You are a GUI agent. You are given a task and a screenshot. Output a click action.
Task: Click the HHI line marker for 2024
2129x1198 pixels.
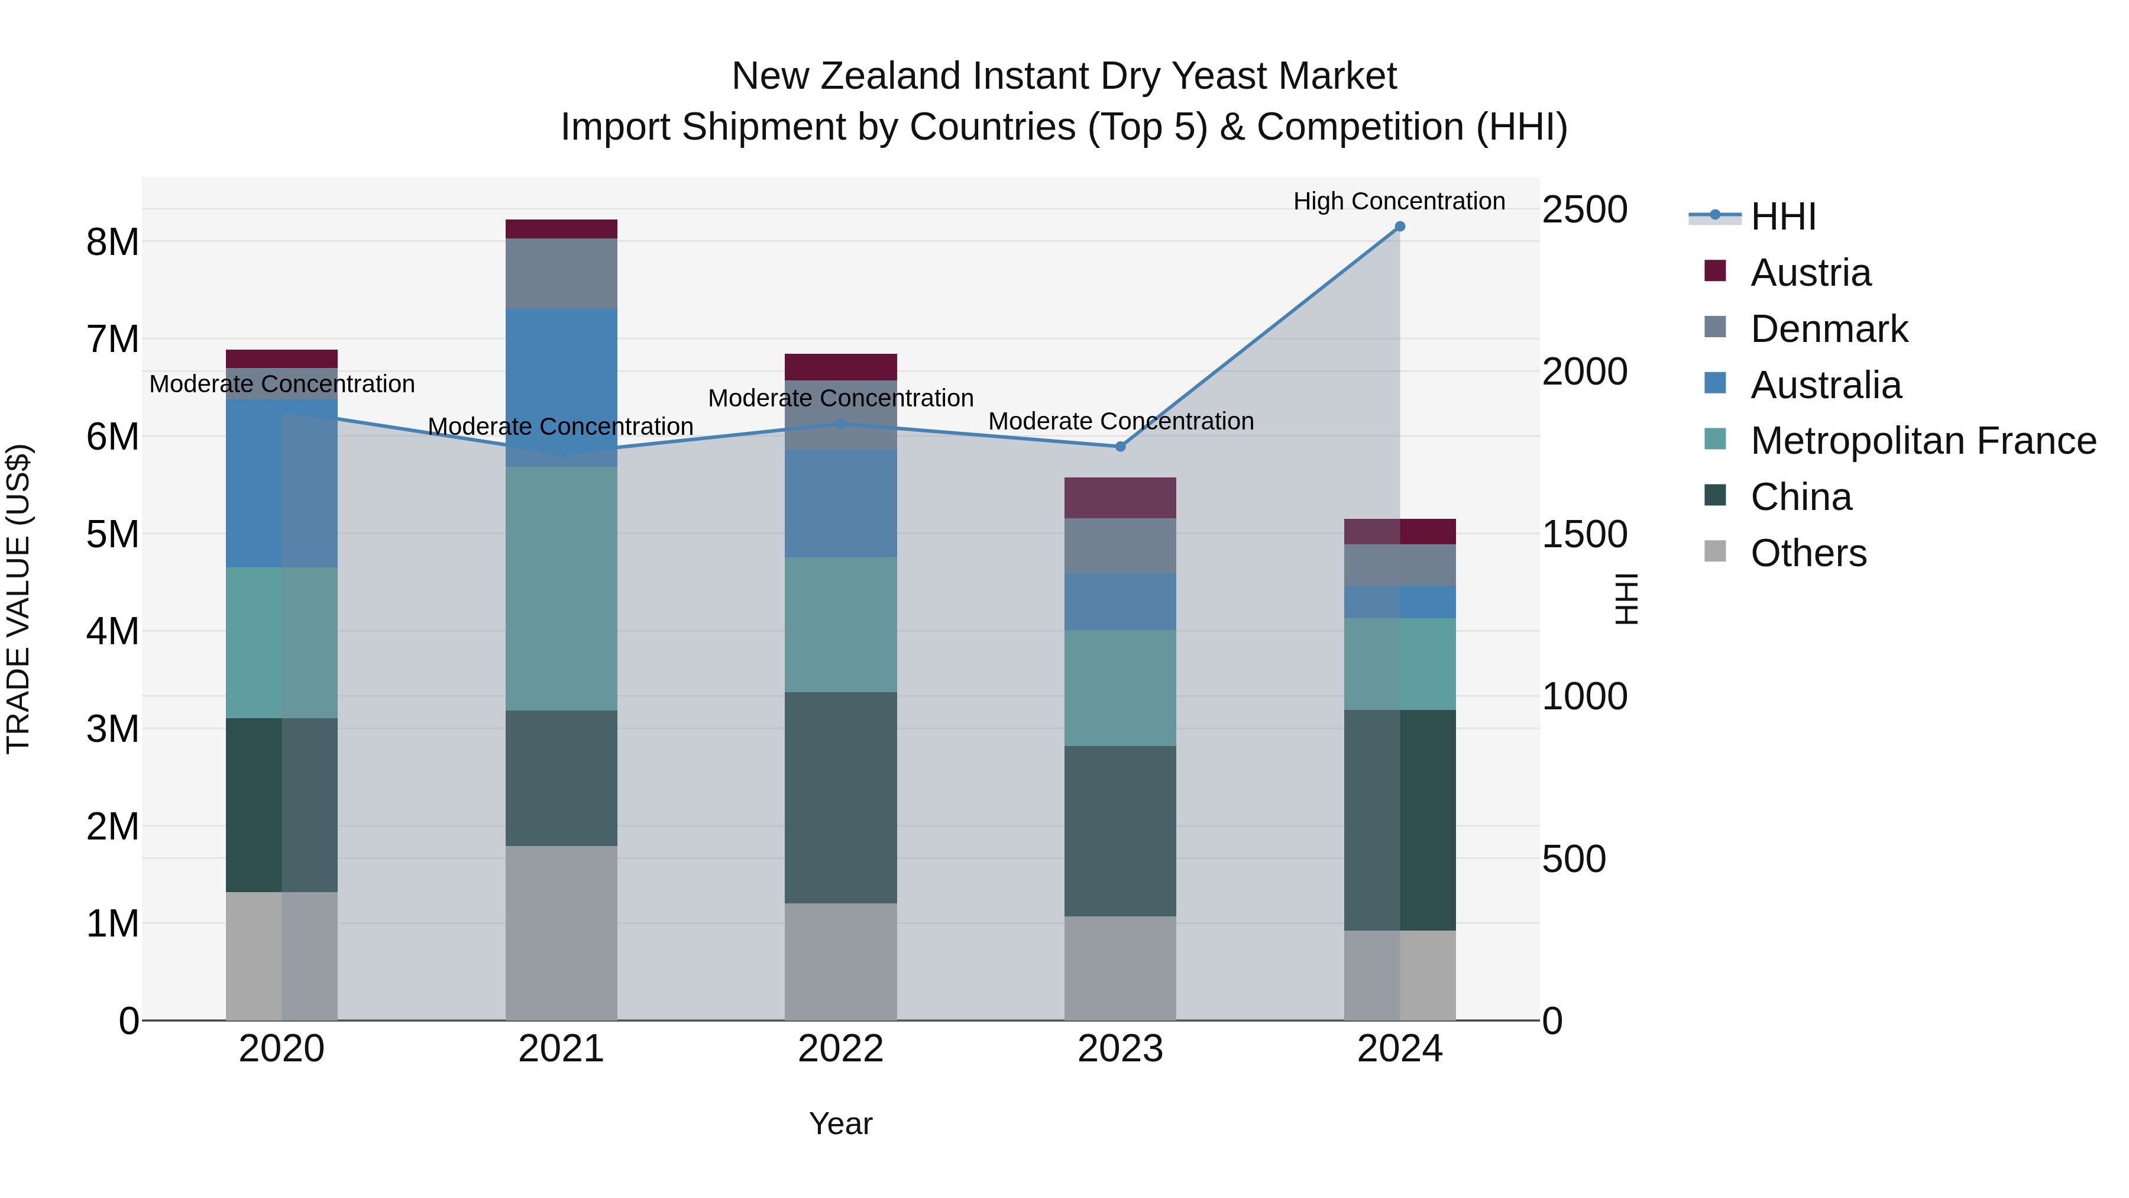coord(1399,226)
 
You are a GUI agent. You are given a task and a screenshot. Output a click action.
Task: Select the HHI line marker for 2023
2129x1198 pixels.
coord(1120,447)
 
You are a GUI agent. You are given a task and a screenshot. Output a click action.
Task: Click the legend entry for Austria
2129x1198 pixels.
coord(1810,273)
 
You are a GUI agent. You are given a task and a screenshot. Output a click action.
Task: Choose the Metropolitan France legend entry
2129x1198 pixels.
coord(1923,441)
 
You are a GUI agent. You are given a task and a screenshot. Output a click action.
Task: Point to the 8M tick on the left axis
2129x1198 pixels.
coord(112,242)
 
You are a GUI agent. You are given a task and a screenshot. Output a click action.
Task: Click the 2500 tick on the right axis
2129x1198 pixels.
coord(1584,209)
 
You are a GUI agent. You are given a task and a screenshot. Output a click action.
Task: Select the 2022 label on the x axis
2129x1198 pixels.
coord(840,1049)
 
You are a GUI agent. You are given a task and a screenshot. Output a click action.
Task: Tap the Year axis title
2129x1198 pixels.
coord(840,1123)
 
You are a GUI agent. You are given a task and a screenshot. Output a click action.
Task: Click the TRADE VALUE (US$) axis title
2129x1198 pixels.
coord(18,599)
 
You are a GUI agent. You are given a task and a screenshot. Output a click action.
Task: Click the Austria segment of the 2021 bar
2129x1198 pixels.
coord(561,229)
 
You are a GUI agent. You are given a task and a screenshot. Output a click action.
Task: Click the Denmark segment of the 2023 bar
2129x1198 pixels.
coord(1120,545)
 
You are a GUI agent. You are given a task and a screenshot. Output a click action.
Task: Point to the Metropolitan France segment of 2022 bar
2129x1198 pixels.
coord(840,624)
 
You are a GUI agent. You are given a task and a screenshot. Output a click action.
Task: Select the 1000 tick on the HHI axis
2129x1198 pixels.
coord(1584,696)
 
